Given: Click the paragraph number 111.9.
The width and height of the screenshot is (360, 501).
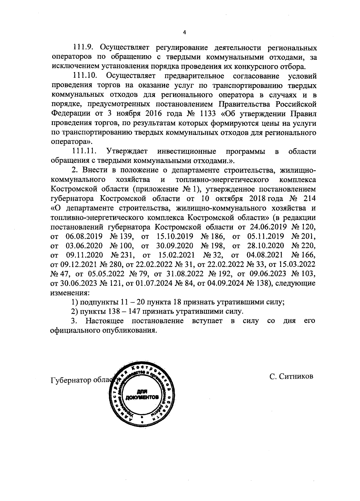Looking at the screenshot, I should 83,48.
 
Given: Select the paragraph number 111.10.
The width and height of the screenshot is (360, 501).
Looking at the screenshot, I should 85,76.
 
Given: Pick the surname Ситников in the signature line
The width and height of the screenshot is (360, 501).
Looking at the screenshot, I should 296,376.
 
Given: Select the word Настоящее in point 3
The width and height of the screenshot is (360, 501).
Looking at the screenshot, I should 105,321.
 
